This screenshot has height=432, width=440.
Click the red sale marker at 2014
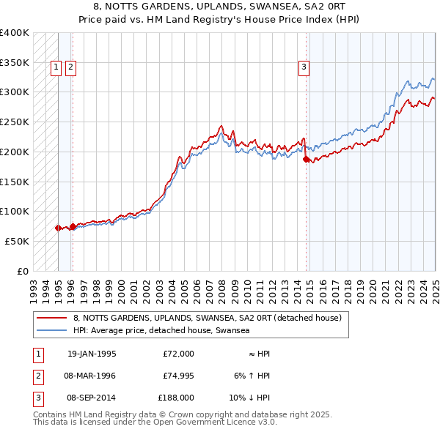[306, 158]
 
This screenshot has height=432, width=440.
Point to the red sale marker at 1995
[58, 228]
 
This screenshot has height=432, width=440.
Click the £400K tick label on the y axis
[15, 33]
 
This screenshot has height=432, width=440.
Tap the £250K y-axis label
[15, 122]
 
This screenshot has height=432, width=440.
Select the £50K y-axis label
[18, 241]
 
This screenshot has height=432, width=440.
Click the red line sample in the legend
[53, 318]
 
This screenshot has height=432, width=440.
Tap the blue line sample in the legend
[53, 331]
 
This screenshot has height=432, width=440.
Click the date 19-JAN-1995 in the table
[91, 354]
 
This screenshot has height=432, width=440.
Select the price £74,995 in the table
[178, 376]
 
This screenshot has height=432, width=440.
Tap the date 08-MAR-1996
[91, 376]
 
